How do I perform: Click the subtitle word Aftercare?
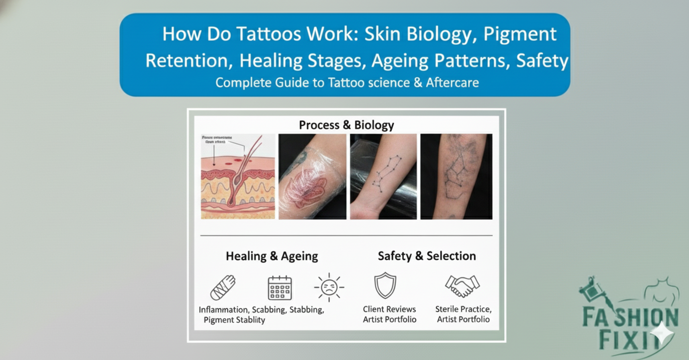(452, 82)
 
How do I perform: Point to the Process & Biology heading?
(346, 125)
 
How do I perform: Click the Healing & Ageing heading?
(272, 256)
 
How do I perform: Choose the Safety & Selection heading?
(427, 256)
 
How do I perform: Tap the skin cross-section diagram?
(238, 177)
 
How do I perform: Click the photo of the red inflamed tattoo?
(312, 177)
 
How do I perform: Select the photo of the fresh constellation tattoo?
(383, 177)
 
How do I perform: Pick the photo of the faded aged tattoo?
(456, 177)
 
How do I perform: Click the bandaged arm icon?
(223, 287)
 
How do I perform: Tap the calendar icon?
(280, 288)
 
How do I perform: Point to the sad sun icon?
(329, 287)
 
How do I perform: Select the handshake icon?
(462, 286)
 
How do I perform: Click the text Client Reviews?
(390, 309)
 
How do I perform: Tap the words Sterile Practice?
(463, 309)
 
